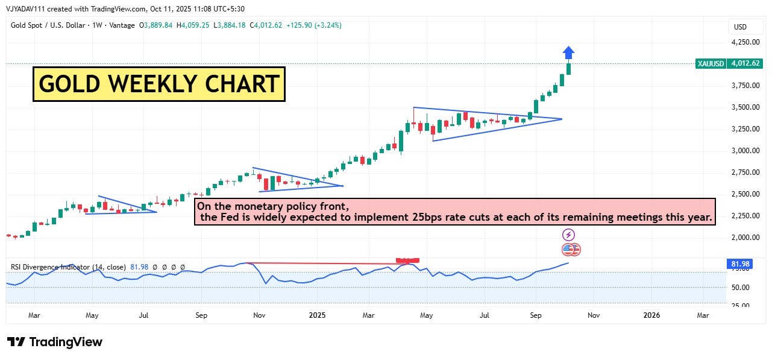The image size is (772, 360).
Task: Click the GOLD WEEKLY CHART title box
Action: click(158, 84)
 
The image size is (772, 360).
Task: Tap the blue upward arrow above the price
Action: click(569, 53)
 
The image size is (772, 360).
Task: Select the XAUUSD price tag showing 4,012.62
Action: click(729, 63)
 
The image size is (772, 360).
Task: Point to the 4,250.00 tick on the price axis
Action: click(745, 42)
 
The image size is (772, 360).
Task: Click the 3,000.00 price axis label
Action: click(745, 151)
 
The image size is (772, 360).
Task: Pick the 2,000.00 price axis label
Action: click(745, 238)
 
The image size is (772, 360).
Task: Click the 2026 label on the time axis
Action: click(651, 315)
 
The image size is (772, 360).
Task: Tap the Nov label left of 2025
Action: click(259, 315)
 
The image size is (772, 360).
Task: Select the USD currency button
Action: click(740, 27)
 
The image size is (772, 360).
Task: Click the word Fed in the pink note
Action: click(227, 217)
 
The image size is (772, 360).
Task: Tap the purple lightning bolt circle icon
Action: click(568, 235)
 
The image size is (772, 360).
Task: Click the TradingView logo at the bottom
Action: click(55, 342)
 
